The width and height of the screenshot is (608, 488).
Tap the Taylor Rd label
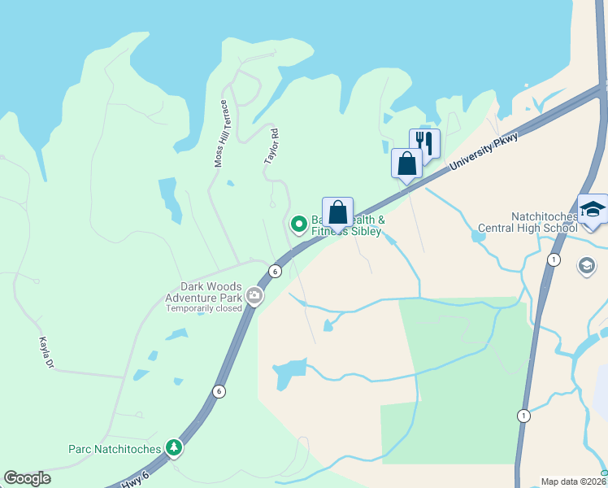click(x=272, y=146)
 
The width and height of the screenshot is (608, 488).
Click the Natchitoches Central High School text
click(x=545, y=222)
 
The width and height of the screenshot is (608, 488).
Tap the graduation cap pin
click(x=593, y=210)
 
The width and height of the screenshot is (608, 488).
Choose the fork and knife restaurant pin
click(x=424, y=143)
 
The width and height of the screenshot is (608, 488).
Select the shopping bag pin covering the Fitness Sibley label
click(x=337, y=212)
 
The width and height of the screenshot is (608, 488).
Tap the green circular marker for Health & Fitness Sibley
click(x=298, y=223)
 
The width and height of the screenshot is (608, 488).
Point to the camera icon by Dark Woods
click(x=254, y=295)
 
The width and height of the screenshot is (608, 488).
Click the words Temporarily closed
click(x=204, y=309)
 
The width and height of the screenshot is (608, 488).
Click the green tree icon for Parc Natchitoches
click(x=173, y=447)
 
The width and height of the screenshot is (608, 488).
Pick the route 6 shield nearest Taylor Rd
click(x=276, y=271)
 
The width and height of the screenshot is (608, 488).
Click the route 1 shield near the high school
click(x=554, y=259)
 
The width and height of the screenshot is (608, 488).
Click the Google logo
click(x=27, y=478)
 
